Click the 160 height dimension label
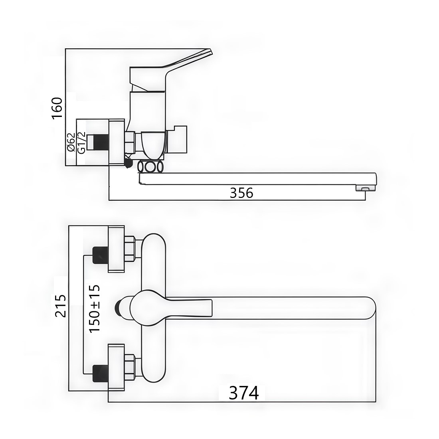tap(57, 108)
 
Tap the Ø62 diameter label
tap(71, 142)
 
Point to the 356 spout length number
tap(241, 193)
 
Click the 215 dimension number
tap(61, 306)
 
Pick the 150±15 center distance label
tap(94, 308)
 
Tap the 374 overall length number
tap(243, 393)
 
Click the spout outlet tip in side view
tap(365, 188)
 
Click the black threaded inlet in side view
tap(98, 142)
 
